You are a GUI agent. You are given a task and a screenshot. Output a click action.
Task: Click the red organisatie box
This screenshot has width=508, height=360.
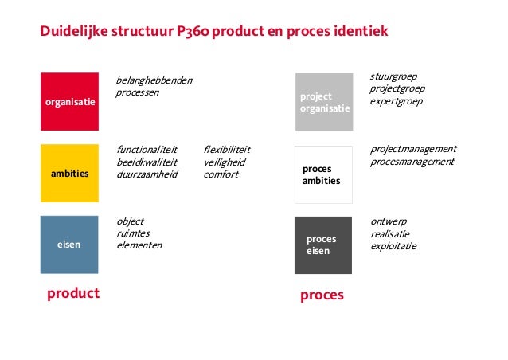tap(69, 102)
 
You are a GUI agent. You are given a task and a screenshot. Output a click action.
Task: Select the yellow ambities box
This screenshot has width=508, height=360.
tap(69, 173)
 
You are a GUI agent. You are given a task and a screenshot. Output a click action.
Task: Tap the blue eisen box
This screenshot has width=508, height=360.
tap(69, 245)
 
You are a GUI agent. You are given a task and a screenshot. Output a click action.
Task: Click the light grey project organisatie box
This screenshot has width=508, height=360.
tap(323, 102)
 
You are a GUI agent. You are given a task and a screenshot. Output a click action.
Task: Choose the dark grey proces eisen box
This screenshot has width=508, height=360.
tap(323, 245)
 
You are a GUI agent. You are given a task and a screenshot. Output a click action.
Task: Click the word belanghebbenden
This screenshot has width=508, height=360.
tap(154, 81)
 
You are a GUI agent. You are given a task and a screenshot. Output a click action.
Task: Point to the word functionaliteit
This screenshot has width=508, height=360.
tap(147, 149)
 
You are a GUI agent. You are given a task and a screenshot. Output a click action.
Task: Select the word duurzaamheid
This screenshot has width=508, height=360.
tap(147, 174)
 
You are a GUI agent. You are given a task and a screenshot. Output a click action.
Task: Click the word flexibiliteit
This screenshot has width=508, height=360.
tap(227, 149)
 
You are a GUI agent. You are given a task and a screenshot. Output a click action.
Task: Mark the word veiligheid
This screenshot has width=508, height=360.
tap(225, 162)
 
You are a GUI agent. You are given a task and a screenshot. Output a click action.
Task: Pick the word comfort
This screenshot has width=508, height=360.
tap(221, 174)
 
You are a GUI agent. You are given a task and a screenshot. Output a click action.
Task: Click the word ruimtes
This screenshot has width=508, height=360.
tap(133, 233)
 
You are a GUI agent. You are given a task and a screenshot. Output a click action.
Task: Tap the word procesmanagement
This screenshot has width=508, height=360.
tap(412, 162)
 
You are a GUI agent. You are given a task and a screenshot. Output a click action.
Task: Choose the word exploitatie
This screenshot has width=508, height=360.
tap(393, 246)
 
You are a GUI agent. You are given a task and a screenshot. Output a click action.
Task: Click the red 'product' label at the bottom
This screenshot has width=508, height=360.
tap(73, 293)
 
